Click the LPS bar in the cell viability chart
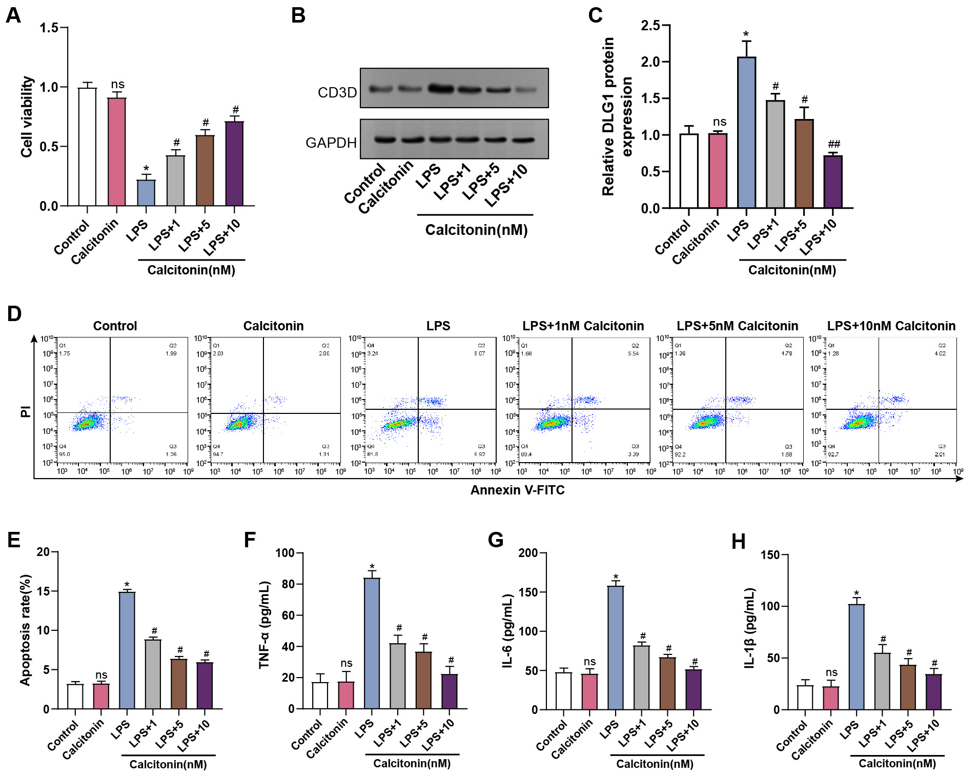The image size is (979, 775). pos(146,193)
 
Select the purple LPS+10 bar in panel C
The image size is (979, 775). pos(833,182)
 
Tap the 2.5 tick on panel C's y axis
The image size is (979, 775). pos(650,25)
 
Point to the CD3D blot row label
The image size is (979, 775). pos(337,93)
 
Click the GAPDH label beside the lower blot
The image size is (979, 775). pos(331,143)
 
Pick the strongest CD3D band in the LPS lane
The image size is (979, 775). pos(441,89)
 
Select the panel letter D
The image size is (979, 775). pos(14,313)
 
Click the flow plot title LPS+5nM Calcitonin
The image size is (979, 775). pos(737,326)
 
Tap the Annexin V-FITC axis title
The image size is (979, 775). pos(517,490)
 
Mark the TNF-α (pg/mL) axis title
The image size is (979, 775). pos(264,625)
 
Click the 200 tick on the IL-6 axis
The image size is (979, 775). pos(528,553)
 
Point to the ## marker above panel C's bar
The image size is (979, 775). pos(834,144)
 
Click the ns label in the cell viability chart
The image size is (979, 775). pos(118,84)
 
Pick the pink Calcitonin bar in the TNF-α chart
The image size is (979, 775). pos(346,695)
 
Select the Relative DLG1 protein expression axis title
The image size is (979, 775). pos(617,116)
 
